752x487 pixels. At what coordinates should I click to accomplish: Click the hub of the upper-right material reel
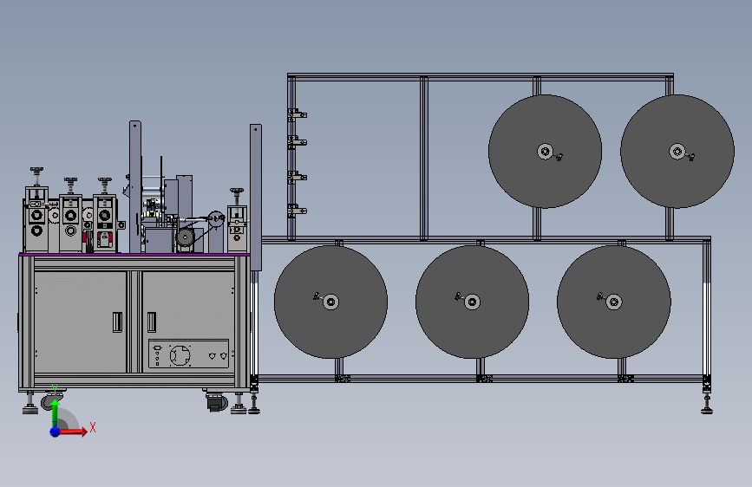[x=677, y=152]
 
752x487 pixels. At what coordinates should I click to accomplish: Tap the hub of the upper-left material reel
[x=545, y=152]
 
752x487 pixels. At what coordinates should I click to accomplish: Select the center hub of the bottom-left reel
[x=330, y=302]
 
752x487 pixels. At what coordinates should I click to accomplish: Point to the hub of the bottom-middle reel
[x=472, y=302]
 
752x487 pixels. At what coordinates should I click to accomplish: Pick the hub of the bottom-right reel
[x=613, y=302]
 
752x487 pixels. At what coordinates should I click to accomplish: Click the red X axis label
[x=93, y=427]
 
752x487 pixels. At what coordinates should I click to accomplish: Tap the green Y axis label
[x=55, y=389]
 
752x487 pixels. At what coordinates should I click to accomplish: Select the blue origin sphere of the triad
[x=56, y=432]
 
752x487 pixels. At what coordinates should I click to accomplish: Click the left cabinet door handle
[x=117, y=322]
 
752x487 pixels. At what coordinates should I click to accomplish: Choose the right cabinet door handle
[x=152, y=322]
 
